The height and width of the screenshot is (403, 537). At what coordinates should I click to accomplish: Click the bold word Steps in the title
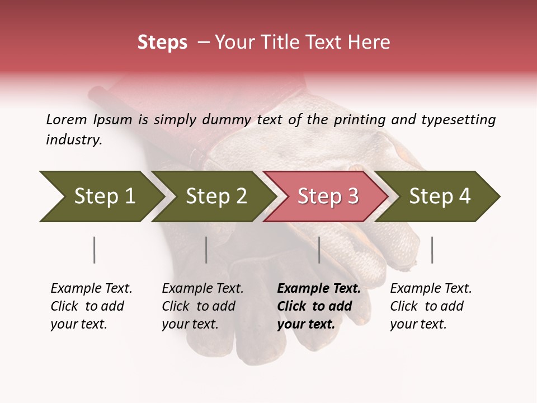(x=162, y=43)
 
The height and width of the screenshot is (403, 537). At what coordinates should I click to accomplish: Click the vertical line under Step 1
(x=94, y=250)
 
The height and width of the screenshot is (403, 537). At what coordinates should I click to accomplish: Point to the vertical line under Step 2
(x=206, y=250)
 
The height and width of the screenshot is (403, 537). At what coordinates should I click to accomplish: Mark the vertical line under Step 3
(x=319, y=250)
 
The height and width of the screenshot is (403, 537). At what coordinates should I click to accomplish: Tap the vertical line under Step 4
(x=432, y=250)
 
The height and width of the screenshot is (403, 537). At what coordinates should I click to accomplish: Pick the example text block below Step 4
(x=431, y=306)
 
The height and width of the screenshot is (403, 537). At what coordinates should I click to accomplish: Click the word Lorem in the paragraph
(x=67, y=119)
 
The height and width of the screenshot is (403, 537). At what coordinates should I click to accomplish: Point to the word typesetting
(x=458, y=120)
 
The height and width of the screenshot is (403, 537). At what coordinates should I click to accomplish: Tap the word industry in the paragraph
(x=74, y=140)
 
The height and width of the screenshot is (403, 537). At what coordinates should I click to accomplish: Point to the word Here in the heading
(x=369, y=43)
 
